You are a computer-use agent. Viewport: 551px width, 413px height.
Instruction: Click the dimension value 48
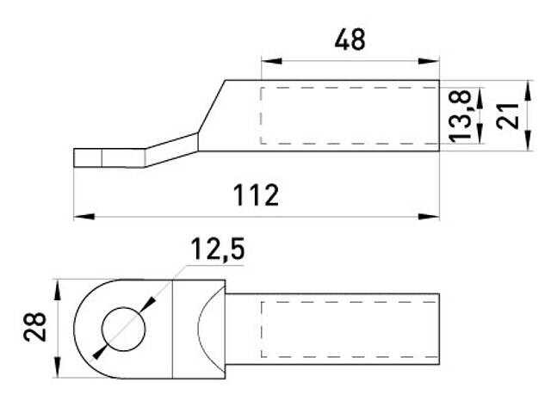349,40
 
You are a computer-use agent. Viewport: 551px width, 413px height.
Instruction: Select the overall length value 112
257,195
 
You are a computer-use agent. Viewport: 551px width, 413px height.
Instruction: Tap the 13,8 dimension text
462,116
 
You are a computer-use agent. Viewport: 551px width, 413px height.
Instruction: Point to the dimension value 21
511,115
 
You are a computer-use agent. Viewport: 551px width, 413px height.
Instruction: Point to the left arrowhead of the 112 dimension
80,216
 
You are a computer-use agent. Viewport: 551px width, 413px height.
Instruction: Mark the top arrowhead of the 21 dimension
527,87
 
